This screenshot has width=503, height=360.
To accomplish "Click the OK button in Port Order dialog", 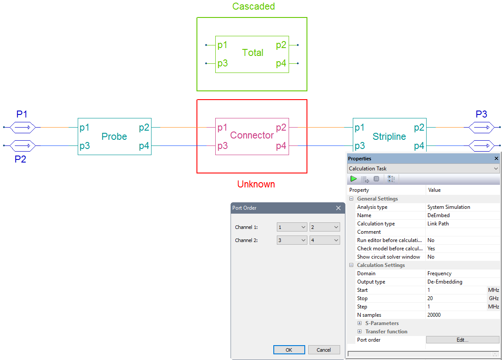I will point(289,350).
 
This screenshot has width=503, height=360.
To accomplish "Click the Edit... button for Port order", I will point(462,340).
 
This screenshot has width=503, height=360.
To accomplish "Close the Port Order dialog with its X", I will point(338,208).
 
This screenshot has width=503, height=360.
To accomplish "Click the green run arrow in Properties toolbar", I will point(353,179).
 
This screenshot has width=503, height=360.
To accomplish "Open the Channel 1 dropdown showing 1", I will point(292,227).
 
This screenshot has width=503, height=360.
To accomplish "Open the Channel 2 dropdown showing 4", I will point(324,240).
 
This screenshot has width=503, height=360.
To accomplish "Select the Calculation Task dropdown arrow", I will point(496,169).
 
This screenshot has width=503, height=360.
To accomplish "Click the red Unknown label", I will point(256,184).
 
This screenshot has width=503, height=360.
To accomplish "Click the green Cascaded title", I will point(253,6).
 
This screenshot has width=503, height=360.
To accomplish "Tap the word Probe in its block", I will point(114,136).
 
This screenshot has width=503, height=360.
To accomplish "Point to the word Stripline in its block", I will point(389,136).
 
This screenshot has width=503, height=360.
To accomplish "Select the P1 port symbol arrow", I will point(22,128).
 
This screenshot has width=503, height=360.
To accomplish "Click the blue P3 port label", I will point(481,114).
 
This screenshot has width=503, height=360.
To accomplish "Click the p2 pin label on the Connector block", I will point(281,128).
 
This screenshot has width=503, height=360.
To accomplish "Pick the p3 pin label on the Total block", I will point(222,63).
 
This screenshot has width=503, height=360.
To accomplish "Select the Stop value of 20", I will point(430,298).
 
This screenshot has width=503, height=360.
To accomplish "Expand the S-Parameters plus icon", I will point(359,323).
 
